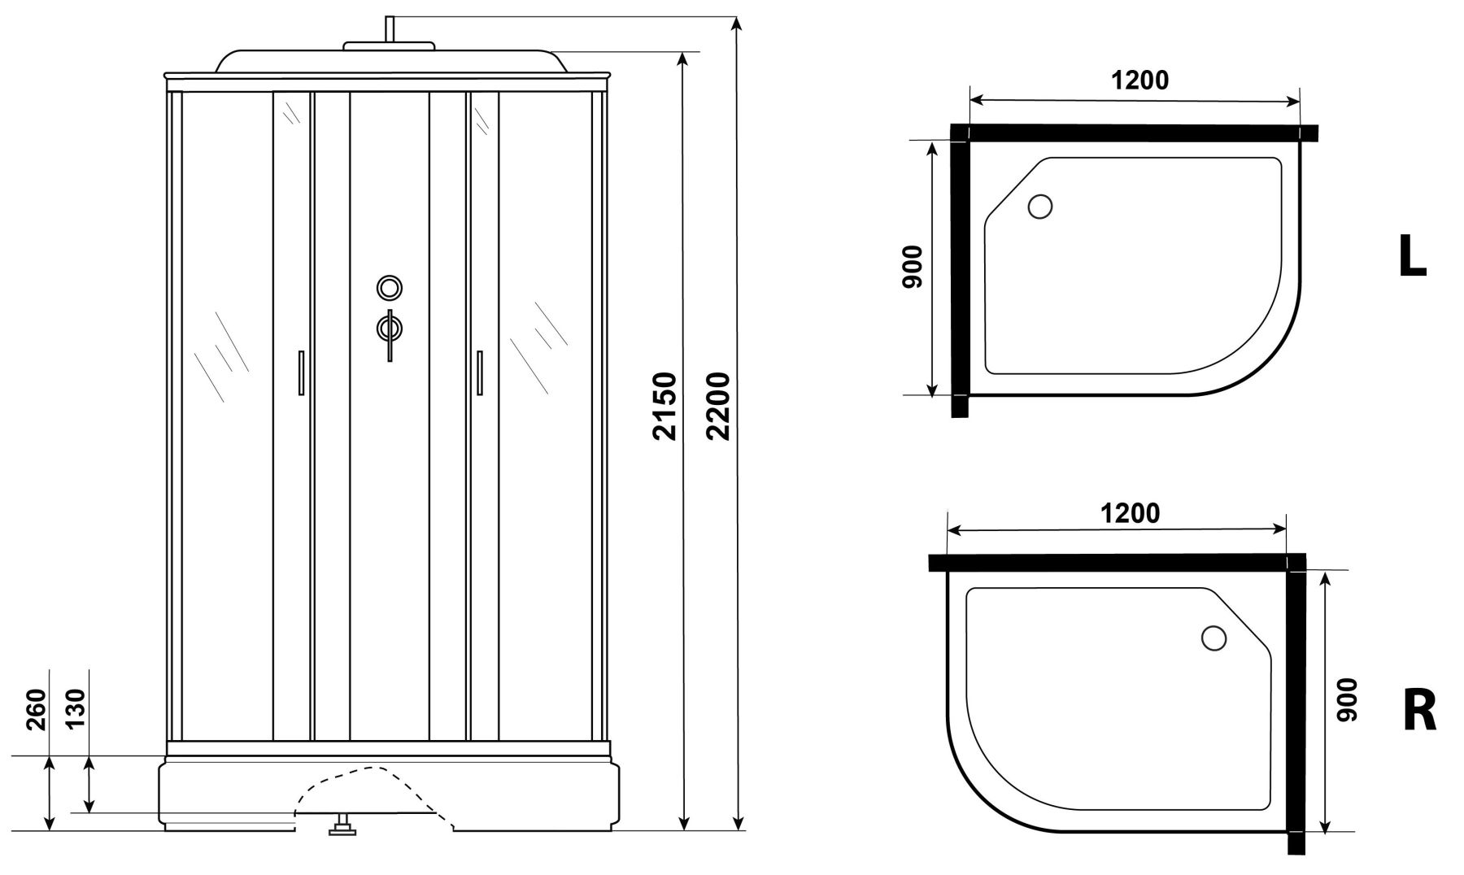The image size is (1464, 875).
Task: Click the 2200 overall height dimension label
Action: coord(718,406)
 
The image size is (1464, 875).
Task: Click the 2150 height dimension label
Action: coord(664,406)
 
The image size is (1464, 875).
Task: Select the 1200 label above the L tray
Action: coord(1139,80)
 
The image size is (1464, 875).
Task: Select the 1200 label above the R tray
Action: coord(1130,513)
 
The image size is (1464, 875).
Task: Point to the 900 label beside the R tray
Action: coord(1347,699)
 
